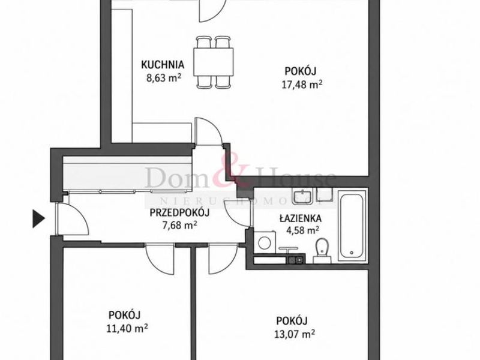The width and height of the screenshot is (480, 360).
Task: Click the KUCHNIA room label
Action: pos(163,65)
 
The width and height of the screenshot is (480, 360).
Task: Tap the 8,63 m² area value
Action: pos(164,77)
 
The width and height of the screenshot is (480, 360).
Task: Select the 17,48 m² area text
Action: pos(302,84)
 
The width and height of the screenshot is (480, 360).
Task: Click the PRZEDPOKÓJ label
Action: pos(179,212)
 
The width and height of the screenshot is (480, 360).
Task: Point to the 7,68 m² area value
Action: pos(179,225)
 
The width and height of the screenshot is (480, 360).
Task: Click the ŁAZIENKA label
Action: pos(301,218)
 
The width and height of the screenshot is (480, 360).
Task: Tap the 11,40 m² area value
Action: pos(127,328)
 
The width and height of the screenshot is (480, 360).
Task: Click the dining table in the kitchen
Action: pos(214,62)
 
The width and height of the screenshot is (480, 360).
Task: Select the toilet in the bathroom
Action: pos(322,251)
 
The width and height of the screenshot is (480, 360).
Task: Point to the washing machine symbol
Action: pos(265,242)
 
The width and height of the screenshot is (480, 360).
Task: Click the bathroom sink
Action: pos(302,197)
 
